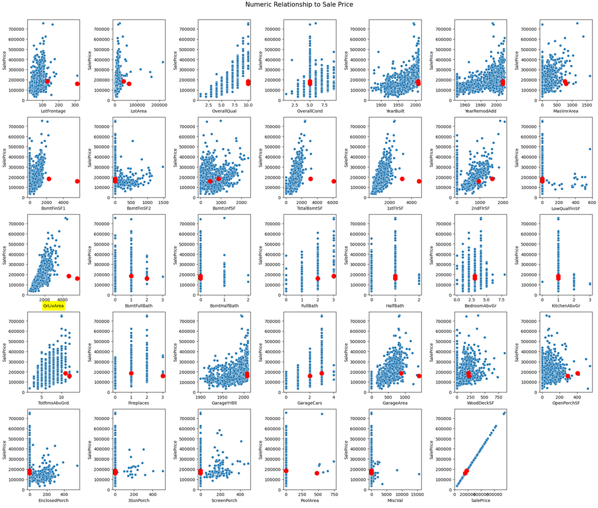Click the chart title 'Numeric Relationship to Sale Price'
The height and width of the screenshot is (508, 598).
tap(299, 5)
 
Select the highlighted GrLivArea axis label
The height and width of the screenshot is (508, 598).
tap(53, 306)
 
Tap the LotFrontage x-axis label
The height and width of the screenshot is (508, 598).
tap(53, 111)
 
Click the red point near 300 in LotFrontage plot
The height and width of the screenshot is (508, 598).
tap(77, 84)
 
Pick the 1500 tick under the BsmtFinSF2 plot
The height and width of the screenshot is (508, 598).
tap(163, 202)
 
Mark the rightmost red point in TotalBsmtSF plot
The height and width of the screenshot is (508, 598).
tap(333, 181)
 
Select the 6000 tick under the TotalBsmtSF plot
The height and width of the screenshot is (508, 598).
tap(333, 202)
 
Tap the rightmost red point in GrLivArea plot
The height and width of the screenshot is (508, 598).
tap(77, 279)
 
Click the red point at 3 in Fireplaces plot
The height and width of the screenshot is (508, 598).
tap(163, 376)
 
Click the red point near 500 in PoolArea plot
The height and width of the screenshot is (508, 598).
tap(317, 473)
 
